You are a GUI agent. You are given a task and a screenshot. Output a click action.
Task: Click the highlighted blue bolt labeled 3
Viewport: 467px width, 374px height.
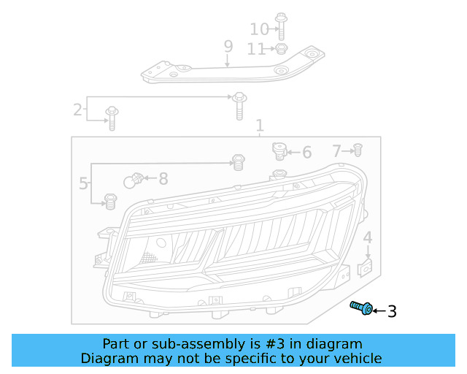[361, 309]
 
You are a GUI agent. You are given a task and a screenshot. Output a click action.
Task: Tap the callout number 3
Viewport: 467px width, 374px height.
[392, 312]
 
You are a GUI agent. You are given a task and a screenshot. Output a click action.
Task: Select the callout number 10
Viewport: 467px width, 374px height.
[259, 29]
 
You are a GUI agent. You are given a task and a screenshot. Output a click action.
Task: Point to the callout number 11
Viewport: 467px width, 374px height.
[256, 49]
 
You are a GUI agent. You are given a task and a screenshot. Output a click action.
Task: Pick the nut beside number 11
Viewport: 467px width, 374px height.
[279, 49]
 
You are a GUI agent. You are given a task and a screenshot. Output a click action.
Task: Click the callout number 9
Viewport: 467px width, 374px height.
[228, 47]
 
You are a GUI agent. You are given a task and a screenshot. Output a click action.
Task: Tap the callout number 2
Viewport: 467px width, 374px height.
[77, 110]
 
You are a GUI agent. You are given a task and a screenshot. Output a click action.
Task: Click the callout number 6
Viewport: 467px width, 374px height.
[306, 153]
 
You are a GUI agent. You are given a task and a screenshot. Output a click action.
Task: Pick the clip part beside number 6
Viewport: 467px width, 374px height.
[279, 151]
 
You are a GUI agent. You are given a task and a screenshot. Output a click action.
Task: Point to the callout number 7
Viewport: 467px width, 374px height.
[336, 151]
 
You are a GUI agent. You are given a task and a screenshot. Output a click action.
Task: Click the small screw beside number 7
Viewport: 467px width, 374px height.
[358, 150]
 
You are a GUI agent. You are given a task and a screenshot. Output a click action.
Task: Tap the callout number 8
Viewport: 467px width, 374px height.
[163, 178]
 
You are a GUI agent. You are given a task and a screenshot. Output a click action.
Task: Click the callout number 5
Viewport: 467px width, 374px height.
[83, 183]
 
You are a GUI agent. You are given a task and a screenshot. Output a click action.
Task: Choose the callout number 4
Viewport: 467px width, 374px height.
[368, 237]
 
